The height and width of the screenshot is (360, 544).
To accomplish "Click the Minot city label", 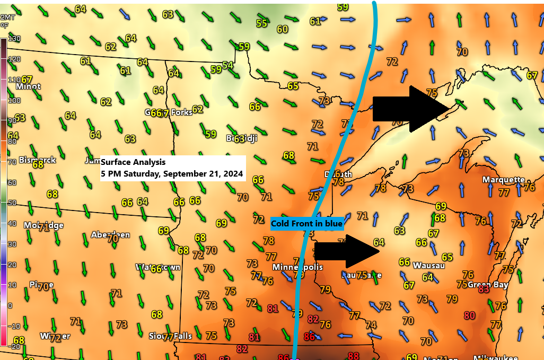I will [28, 86].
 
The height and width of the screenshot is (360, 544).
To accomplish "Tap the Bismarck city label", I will [37, 160].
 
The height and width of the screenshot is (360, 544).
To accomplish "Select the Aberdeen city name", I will [110, 234].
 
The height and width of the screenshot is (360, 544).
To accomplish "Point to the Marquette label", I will [503, 180].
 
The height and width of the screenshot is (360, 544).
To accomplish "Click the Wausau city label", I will [428, 265].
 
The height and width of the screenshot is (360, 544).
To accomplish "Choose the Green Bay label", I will [488, 285].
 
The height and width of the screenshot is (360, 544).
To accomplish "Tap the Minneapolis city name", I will [297, 267].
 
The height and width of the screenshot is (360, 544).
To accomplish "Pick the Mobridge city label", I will [43, 225].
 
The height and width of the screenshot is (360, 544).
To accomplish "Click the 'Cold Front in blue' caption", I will [306, 224].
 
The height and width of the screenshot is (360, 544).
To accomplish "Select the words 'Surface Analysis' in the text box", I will [133, 162].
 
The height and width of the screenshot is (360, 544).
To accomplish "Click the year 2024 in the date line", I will [233, 173].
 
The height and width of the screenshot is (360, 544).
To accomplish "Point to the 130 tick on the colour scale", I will [14, 39].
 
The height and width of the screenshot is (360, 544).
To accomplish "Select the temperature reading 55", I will [261, 23].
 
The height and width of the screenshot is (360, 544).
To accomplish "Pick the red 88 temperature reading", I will [353, 356].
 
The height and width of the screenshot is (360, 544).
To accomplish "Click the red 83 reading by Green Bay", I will [484, 289].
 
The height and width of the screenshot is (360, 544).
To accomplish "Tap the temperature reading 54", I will [227, 65].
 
